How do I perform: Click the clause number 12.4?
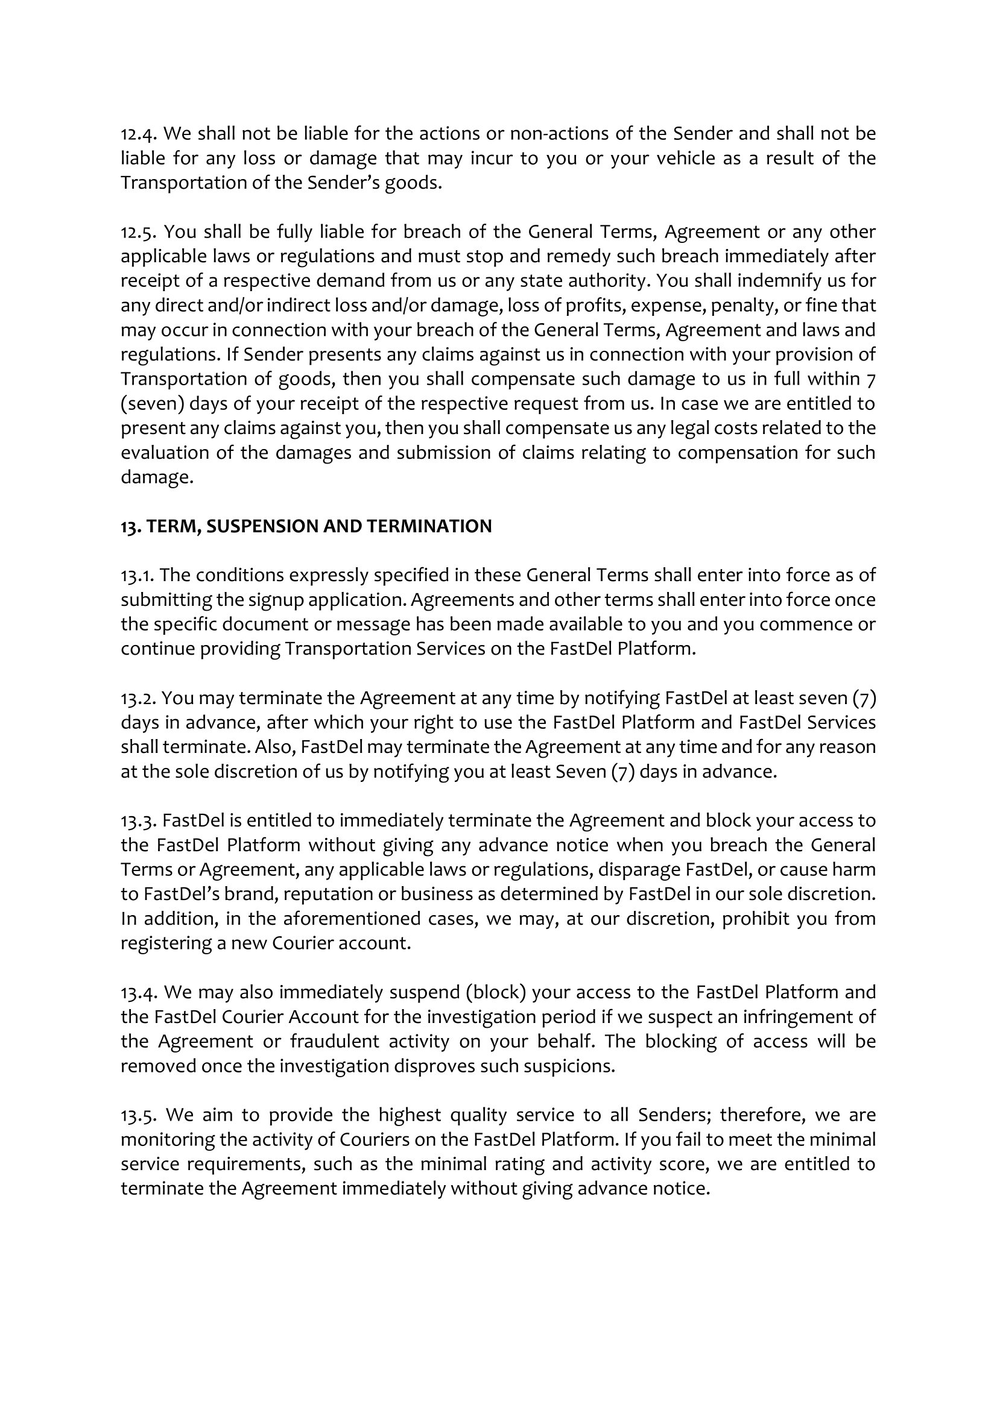[x=138, y=134]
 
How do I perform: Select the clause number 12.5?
[x=138, y=232]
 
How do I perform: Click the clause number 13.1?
[x=137, y=576]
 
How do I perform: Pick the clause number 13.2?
[x=138, y=698]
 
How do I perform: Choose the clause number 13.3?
[x=138, y=821]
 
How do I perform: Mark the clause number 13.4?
[x=138, y=993]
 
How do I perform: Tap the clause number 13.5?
[x=138, y=1115]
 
